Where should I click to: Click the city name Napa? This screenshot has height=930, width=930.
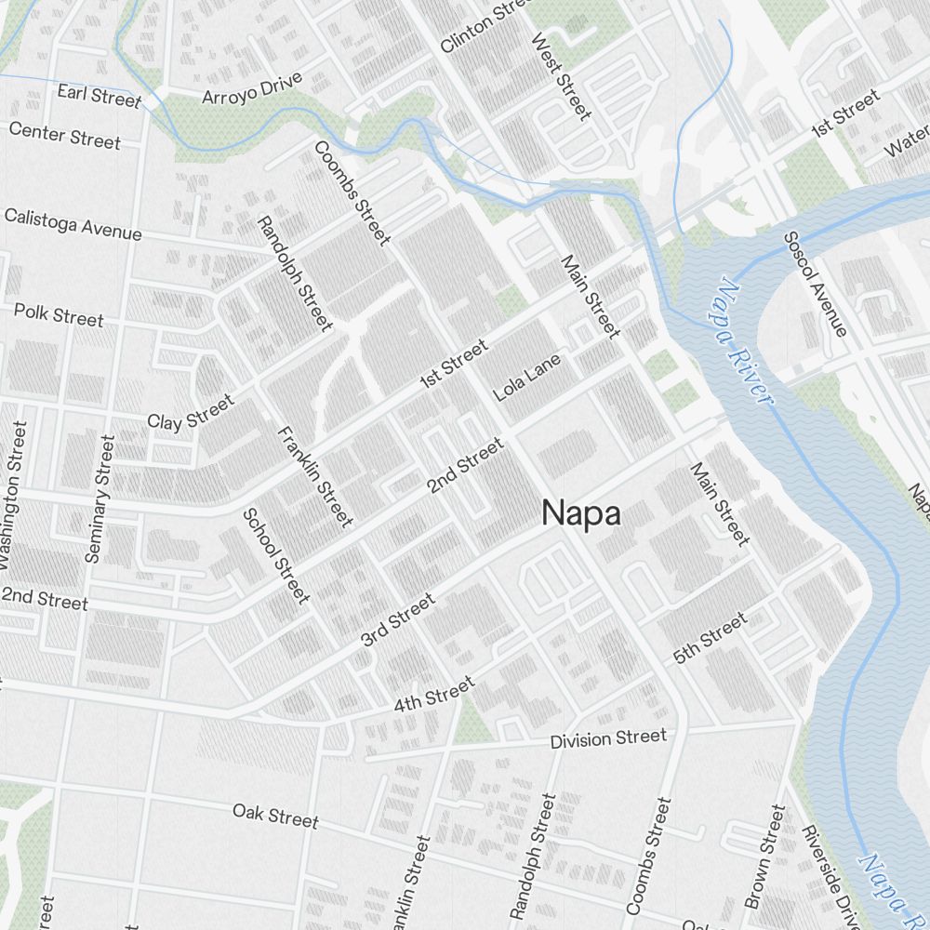581,513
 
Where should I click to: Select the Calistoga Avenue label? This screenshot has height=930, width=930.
73,224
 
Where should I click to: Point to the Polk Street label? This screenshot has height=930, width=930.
59,314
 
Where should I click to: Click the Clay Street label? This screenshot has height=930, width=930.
191,412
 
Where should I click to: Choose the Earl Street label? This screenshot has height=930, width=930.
99,95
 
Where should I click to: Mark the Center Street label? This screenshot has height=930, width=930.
64,135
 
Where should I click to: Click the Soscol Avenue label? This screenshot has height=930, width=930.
816,284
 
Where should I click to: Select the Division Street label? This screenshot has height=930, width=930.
608,738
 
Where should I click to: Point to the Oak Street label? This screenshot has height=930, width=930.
275,815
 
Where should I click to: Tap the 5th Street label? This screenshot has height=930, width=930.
711,638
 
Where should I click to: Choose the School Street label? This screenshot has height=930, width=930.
275,555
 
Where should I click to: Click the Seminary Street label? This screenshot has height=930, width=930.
100,498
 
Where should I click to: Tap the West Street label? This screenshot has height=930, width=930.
560,77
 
